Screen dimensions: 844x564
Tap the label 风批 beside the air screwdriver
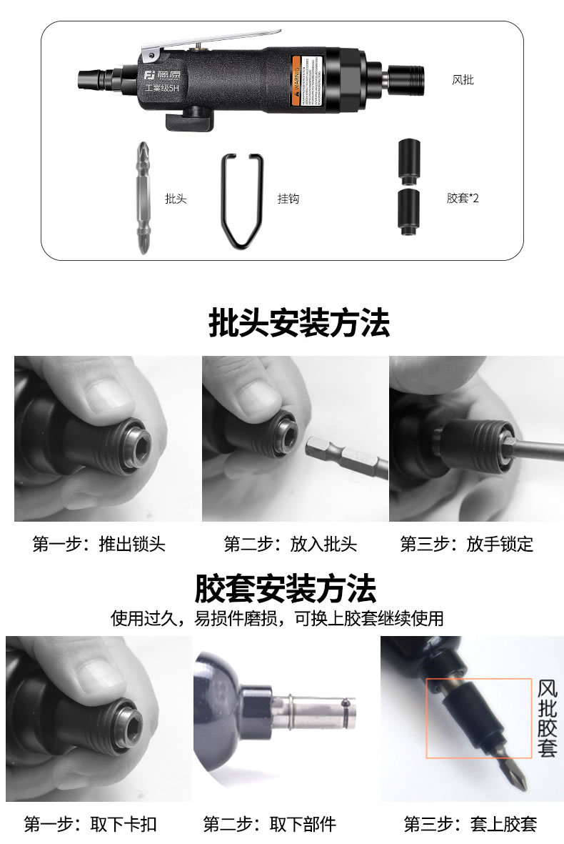pos(463,79)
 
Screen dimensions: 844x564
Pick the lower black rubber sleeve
pos(408,211)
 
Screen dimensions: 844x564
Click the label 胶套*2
pos(463,198)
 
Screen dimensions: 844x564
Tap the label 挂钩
pos(288,199)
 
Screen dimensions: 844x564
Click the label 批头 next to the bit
pos(176,199)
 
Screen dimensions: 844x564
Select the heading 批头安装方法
pos(299,324)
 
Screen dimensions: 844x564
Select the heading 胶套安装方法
pos(286,590)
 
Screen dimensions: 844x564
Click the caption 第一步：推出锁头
pos(99,544)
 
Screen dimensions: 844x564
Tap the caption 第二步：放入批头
pos(290,544)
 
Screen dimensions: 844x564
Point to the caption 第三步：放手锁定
pos(466,544)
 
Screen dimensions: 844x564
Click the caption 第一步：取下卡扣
pos(90,824)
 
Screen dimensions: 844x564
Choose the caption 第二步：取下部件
pos(269,824)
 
